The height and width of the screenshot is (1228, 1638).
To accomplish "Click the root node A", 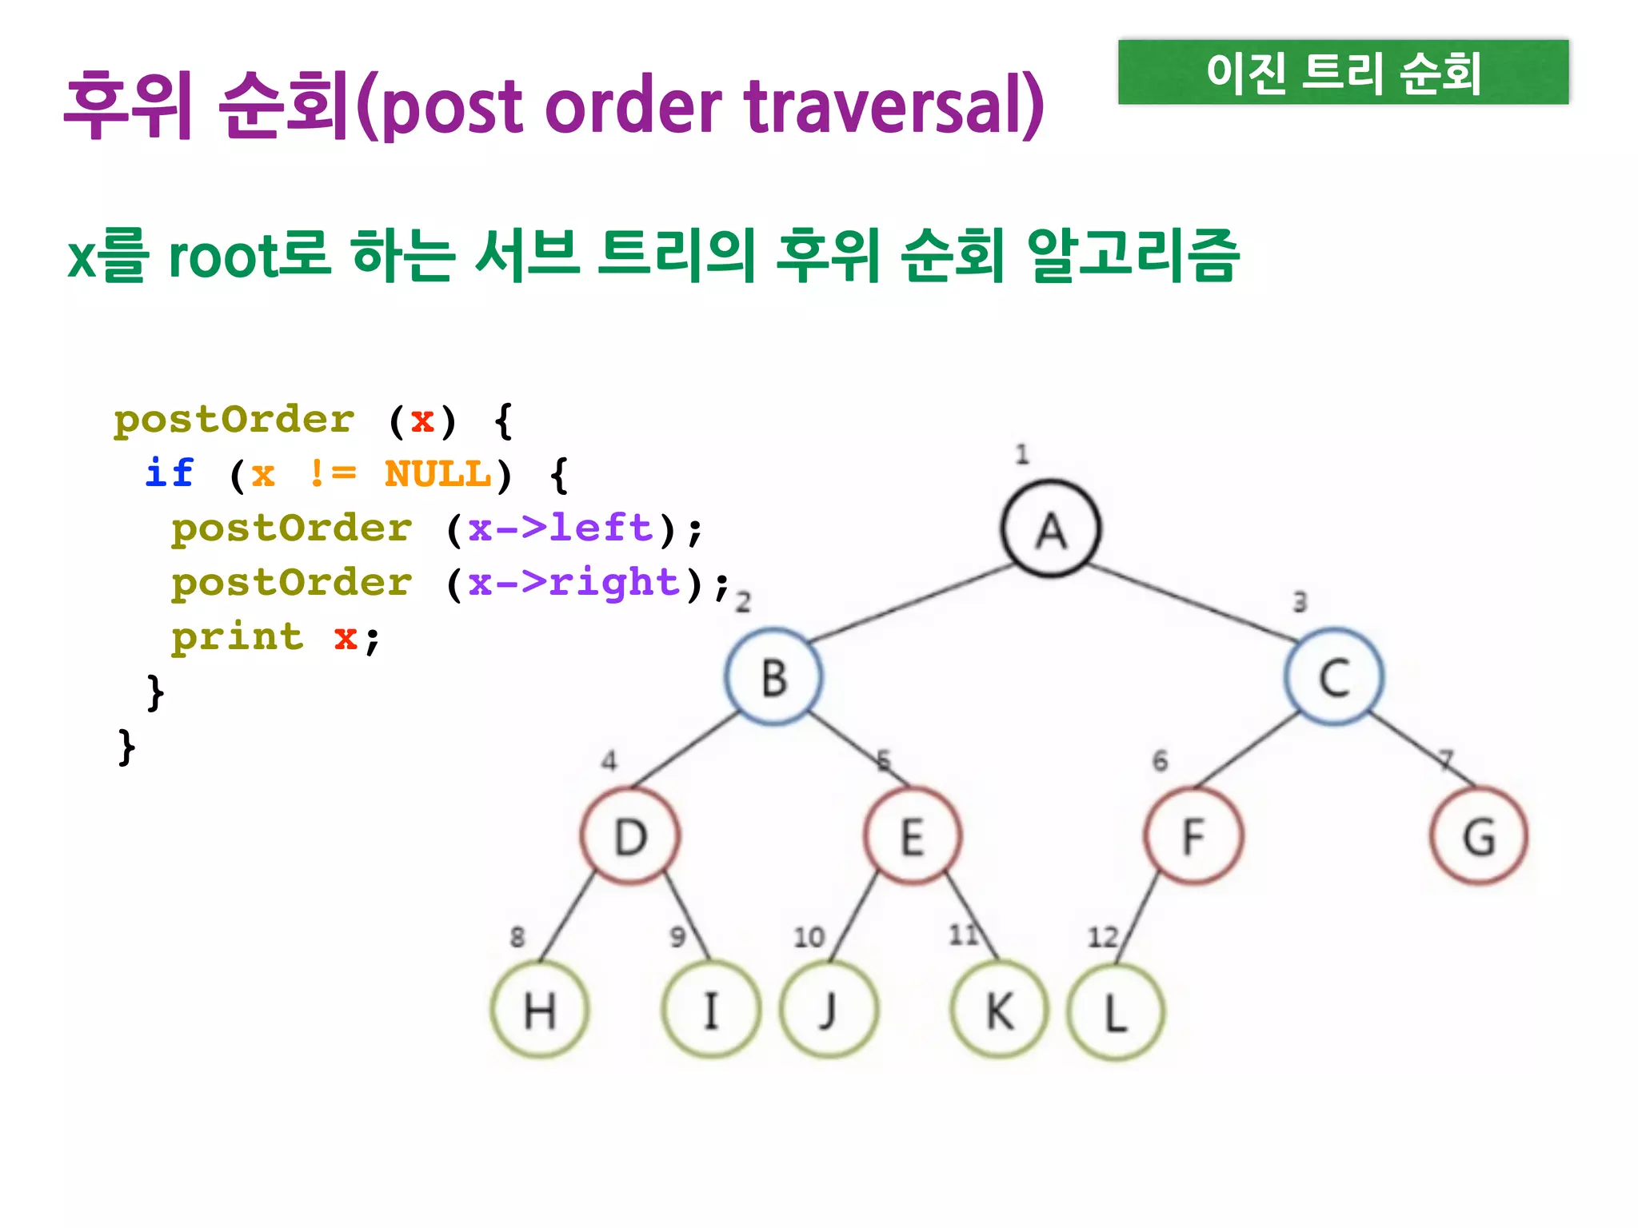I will (x=1051, y=529).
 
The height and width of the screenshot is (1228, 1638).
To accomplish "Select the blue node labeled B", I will (x=773, y=676).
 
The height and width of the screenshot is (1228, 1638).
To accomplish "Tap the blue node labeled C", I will (x=1334, y=676).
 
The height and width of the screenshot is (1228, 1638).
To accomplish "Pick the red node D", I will (x=630, y=835).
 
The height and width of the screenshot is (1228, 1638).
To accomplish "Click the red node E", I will (x=913, y=835).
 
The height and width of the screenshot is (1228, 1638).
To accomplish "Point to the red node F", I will (x=1194, y=835).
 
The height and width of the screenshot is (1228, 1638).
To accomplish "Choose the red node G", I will (x=1479, y=835).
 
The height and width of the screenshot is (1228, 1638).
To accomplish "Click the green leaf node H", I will (x=540, y=1010).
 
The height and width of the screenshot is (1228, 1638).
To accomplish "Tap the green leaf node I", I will (x=711, y=1010).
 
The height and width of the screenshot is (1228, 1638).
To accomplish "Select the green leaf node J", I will (x=829, y=1010).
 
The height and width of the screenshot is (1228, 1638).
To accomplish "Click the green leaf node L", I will (x=1116, y=1011).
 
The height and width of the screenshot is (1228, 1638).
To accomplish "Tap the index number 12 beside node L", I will (x=1102, y=936).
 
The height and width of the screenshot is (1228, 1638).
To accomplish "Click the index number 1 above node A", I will (x=1021, y=455).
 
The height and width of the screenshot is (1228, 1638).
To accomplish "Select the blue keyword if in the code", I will (x=170, y=473).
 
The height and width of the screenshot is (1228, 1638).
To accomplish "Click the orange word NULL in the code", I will (x=437, y=473).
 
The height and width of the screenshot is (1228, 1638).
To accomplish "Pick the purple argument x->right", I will (x=573, y=583).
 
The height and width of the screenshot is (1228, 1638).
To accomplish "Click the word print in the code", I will (x=238, y=637).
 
